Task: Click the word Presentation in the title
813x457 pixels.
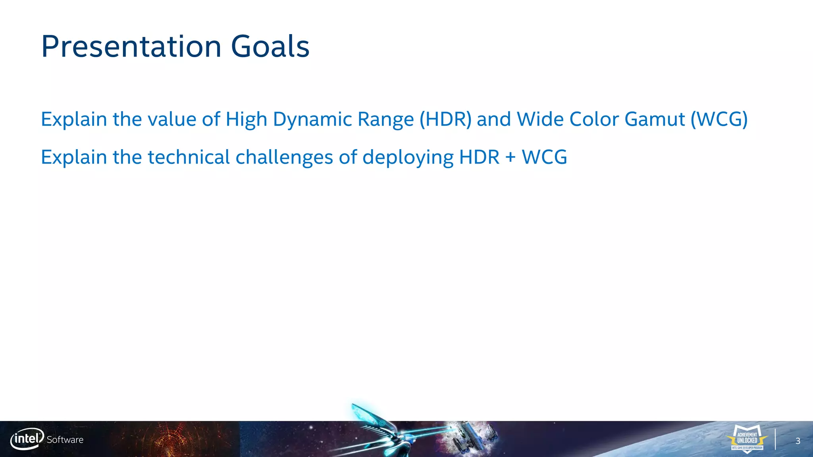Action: pyautogui.click(x=131, y=47)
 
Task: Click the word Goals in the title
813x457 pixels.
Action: pyautogui.click(x=270, y=47)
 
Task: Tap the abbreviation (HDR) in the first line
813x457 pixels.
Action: pyautogui.click(x=445, y=119)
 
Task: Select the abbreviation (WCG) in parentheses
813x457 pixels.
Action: pyautogui.click(x=719, y=119)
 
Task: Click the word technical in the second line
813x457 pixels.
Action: pyautogui.click(x=189, y=157)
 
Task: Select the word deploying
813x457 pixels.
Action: pyautogui.click(x=408, y=158)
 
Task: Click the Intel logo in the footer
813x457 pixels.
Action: pyautogui.click(x=27, y=439)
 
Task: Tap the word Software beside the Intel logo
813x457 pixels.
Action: pyautogui.click(x=65, y=440)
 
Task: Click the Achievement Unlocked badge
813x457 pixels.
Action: pyautogui.click(x=747, y=438)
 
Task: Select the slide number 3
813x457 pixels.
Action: pyautogui.click(x=798, y=441)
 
